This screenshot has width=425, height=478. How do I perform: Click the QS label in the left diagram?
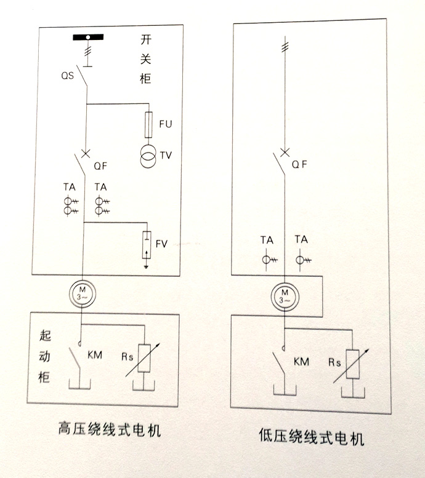click(x=67, y=77)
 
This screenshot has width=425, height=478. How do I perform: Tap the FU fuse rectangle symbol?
click(x=148, y=124)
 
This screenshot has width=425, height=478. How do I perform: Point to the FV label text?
click(x=162, y=244)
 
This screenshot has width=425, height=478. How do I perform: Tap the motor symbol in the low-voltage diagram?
click(x=284, y=297)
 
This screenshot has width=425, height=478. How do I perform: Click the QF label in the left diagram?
click(x=100, y=165)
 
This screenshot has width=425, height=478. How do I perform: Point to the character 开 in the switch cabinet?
click(x=146, y=42)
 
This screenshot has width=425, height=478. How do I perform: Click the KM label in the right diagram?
click(x=302, y=361)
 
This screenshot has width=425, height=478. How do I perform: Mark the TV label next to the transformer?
click(x=166, y=156)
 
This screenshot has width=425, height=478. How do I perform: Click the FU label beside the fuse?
click(x=165, y=124)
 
